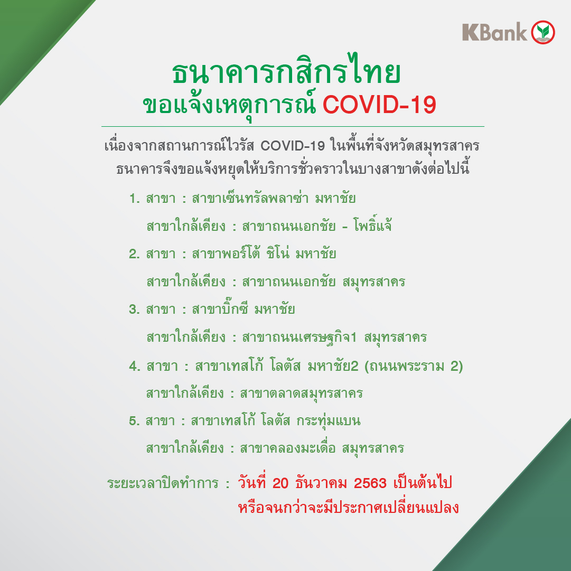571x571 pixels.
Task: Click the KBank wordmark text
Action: point(494,32)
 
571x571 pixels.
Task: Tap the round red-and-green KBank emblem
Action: point(543,32)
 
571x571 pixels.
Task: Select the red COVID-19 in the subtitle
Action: point(379,105)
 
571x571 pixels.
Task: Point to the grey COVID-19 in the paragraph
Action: point(293,146)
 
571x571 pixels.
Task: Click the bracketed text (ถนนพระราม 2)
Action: point(414,366)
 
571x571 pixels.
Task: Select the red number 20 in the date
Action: point(280,483)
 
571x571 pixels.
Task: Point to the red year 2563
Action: point(370,483)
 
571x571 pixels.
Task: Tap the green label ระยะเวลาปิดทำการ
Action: point(163,483)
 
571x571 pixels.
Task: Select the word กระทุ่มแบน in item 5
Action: point(329,421)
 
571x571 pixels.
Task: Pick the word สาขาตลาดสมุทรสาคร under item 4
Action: point(302,394)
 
